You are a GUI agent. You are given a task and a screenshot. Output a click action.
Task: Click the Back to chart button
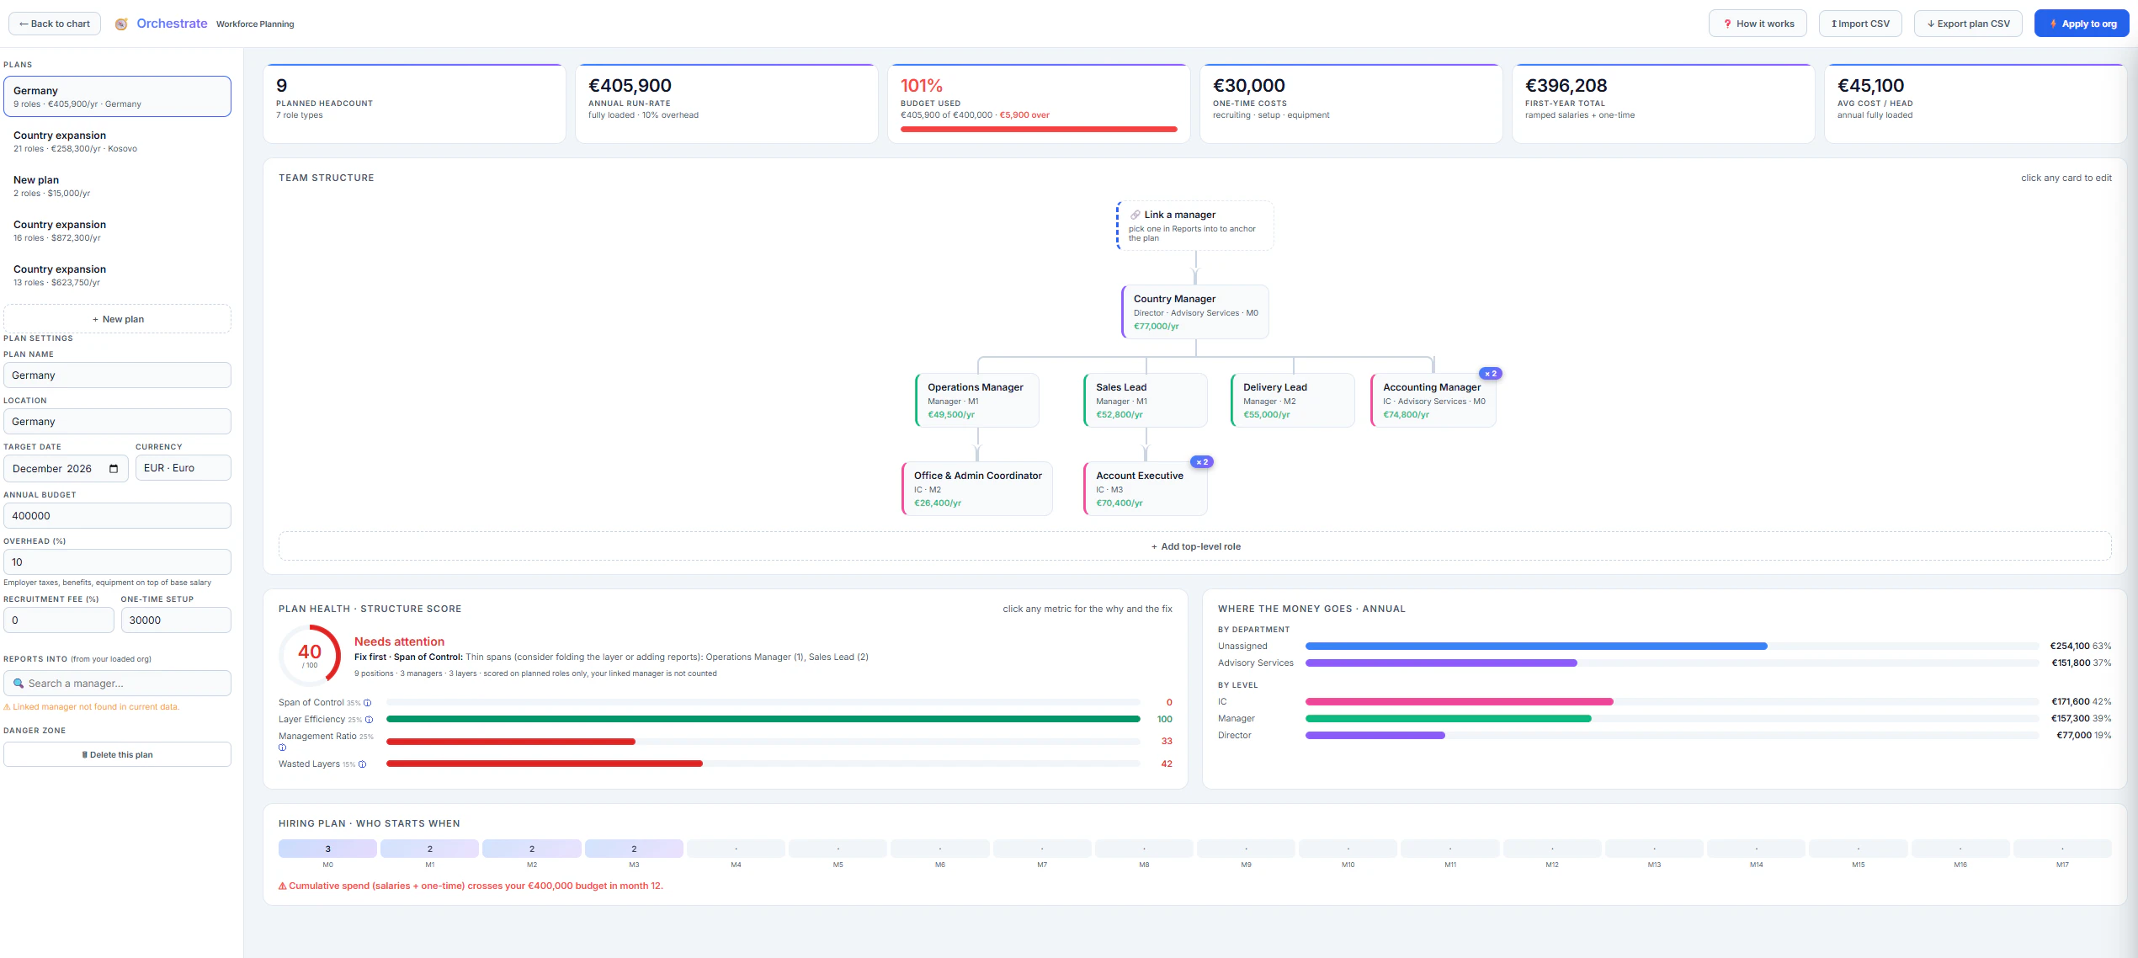pos(55,24)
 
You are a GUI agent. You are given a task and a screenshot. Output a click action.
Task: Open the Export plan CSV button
pos(1968,24)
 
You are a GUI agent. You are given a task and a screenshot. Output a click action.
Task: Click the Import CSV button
pos(1860,24)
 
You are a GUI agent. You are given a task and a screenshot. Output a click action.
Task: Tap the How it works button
pos(1758,24)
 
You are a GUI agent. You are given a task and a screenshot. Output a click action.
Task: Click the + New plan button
pos(117,319)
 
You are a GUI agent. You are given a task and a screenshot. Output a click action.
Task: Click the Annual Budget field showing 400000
pos(117,516)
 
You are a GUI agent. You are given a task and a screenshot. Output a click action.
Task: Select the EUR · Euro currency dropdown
pos(183,468)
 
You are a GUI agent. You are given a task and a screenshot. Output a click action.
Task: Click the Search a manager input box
pos(117,684)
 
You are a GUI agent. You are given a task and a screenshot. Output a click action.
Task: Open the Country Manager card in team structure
pos(1195,311)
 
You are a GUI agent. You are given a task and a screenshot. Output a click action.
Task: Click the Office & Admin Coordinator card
pos(976,488)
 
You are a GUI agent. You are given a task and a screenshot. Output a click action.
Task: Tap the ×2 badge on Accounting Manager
pos(1491,374)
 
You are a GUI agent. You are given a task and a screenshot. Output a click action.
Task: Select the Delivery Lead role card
pos(1293,400)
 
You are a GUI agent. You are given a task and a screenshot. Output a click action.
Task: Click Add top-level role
pos(1195,546)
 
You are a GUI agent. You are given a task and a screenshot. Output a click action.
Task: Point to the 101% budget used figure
pos(922,86)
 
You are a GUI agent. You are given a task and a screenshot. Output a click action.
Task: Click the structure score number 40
pos(310,652)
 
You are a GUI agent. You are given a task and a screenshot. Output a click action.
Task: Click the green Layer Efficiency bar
pos(763,720)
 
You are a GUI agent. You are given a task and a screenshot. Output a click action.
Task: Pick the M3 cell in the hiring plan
pos(634,849)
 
